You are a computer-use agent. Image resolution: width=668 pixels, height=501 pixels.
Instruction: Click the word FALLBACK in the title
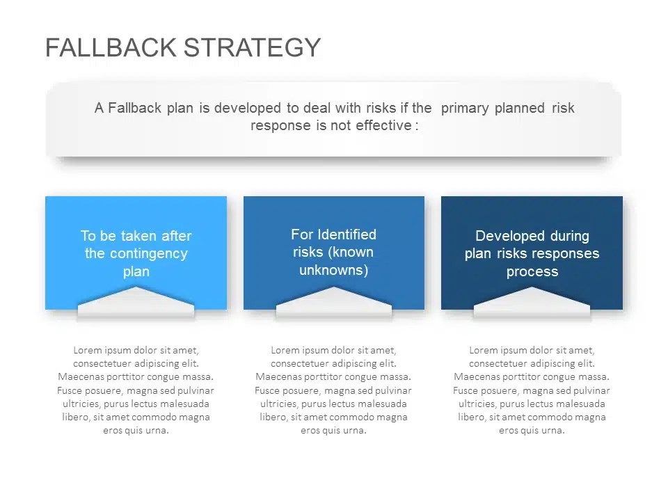pyautogui.click(x=111, y=47)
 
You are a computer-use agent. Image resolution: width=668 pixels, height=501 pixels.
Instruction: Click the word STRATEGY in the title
pyautogui.click(x=253, y=47)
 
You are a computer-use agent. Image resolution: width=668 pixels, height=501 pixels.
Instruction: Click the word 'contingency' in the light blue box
pyautogui.click(x=136, y=253)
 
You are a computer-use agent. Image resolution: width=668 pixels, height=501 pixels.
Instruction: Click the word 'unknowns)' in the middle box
pyautogui.click(x=334, y=270)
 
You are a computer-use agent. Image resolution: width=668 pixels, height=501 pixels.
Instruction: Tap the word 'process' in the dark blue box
pyautogui.click(x=532, y=271)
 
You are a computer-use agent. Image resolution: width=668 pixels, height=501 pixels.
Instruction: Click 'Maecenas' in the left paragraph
pyautogui.click(x=79, y=377)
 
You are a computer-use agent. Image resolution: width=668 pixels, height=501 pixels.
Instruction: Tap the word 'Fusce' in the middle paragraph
pyautogui.click(x=268, y=390)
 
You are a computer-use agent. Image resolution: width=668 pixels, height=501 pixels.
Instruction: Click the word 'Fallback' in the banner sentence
pyautogui.click(x=135, y=108)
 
